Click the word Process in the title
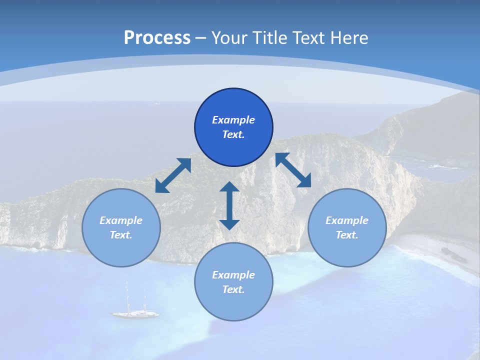pyautogui.click(x=157, y=38)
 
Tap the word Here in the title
pyautogui.click(x=348, y=38)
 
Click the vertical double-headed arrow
pyautogui.click(x=229, y=205)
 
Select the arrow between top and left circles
pyautogui.click(x=173, y=175)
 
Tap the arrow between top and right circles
pyautogui.click(x=293, y=170)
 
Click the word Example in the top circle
pyautogui.click(x=233, y=120)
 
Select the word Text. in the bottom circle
pyautogui.click(x=233, y=289)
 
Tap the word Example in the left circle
pyautogui.click(x=121, y=220)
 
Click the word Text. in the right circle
pyautogui.click(x=347, y=235)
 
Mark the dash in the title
pyautogui.click(x=201, y=38)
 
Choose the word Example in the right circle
pyautogui.click(x=347, y=220)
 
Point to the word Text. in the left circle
pyautogui.click(x=121, y=235)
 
